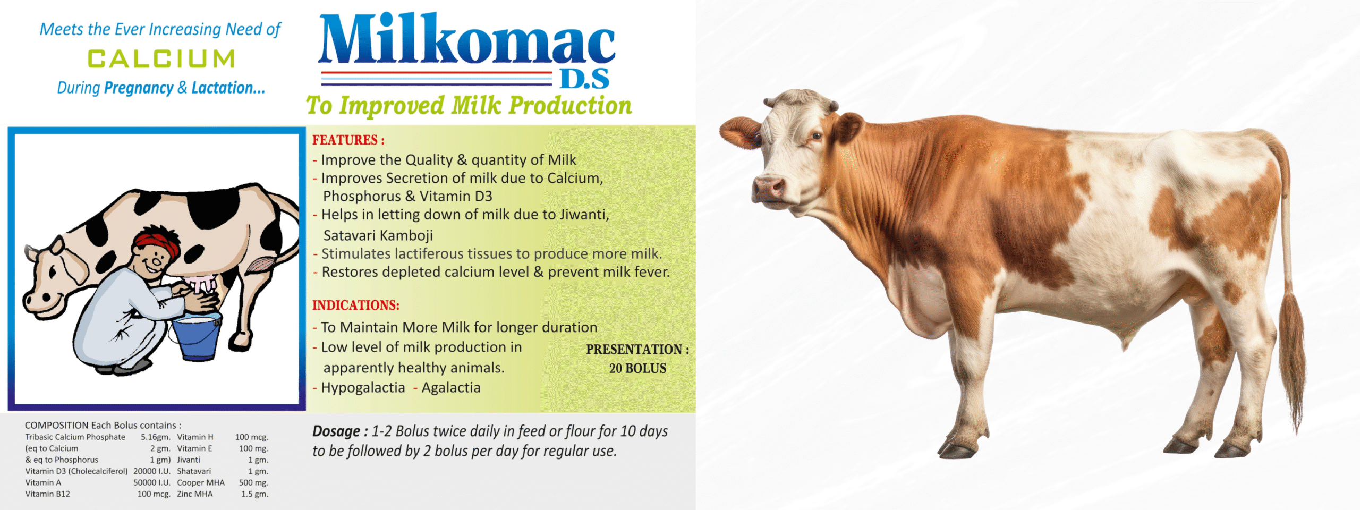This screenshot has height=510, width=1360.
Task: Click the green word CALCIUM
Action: point(161,59)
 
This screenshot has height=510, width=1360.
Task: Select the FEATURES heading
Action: point(348,140)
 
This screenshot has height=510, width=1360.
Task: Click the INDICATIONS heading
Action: point(355,305)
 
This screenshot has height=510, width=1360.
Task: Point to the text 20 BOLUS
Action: point(637,368)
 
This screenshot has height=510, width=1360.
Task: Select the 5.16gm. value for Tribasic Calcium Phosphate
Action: point(156,437)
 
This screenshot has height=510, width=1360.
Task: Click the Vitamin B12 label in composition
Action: point(48,494)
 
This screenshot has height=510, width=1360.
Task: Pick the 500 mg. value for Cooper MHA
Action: point(253,483)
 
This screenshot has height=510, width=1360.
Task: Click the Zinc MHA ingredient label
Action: point(195,494)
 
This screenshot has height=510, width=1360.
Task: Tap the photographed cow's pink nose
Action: point(768,189)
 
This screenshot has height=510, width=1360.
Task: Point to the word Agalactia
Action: point(451,388)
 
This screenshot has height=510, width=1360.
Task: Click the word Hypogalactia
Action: point(363,388)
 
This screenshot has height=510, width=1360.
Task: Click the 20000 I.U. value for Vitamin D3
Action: point(152,471)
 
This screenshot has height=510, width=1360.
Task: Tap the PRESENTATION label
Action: point(637,350)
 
